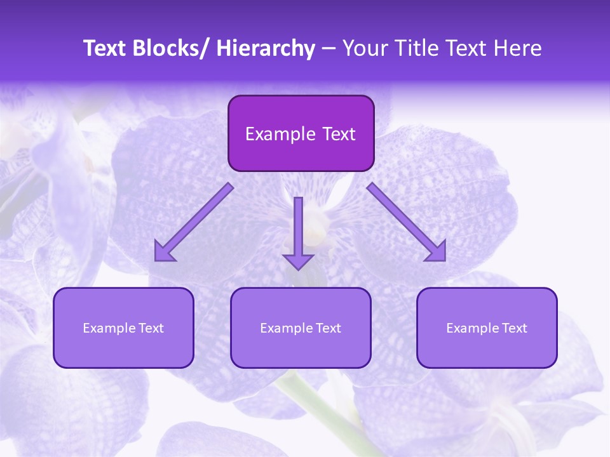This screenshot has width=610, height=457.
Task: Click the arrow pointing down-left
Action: (194, 222)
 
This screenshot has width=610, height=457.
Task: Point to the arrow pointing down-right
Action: (407, 222)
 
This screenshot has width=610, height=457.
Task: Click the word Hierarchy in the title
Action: (266, 48)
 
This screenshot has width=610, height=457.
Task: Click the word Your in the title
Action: (364, 48)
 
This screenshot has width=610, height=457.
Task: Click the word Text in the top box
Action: (338, 134)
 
